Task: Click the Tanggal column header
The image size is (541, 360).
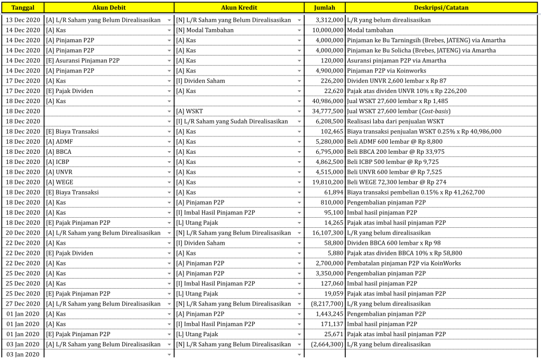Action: tap(23, 8)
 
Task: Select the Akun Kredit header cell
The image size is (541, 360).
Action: tap(239, 8)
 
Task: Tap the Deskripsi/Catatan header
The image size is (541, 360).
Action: tap(441, 8)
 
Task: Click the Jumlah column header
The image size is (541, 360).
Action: tap(324, 8)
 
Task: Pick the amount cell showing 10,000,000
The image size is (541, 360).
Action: tap(325, 30)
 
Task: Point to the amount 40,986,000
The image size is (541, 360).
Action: tap(325, 101)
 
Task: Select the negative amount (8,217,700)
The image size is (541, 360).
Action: tap(325, 304)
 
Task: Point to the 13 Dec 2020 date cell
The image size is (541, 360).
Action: tap(23, 20)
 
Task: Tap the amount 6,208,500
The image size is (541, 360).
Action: tap(325, 122)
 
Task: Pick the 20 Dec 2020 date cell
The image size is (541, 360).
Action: tap(23, 233)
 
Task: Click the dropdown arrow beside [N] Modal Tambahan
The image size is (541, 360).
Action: tap(299, 31)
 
